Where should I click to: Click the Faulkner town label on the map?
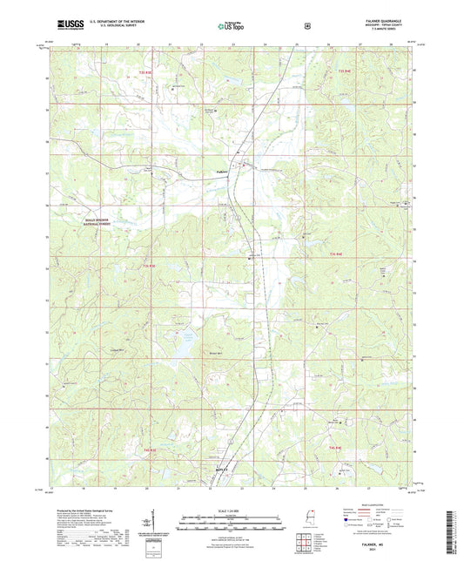(223, 172)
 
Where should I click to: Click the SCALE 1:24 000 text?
(232, 510)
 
